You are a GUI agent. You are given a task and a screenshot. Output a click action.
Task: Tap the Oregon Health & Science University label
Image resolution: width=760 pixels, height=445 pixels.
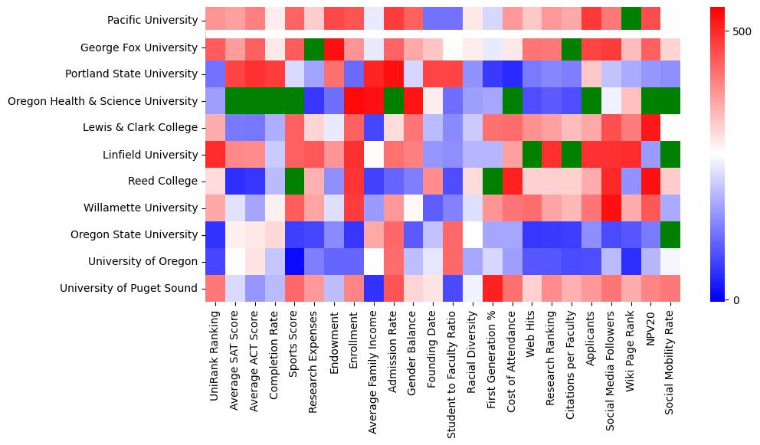tap(103, 101)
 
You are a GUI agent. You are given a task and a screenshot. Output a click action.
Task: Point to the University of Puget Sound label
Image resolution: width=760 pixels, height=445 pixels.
tap(133, 289)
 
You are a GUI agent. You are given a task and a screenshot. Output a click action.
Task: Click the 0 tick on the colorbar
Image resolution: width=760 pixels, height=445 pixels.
tap(735, 299)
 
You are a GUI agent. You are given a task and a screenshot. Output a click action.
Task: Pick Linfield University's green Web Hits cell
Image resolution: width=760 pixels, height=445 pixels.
tap(532, 154)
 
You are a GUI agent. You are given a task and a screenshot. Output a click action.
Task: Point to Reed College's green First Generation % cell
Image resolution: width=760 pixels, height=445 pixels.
tap(493, 181)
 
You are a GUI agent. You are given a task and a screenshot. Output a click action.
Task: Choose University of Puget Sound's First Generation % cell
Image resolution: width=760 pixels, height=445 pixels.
tap(493, 288)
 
